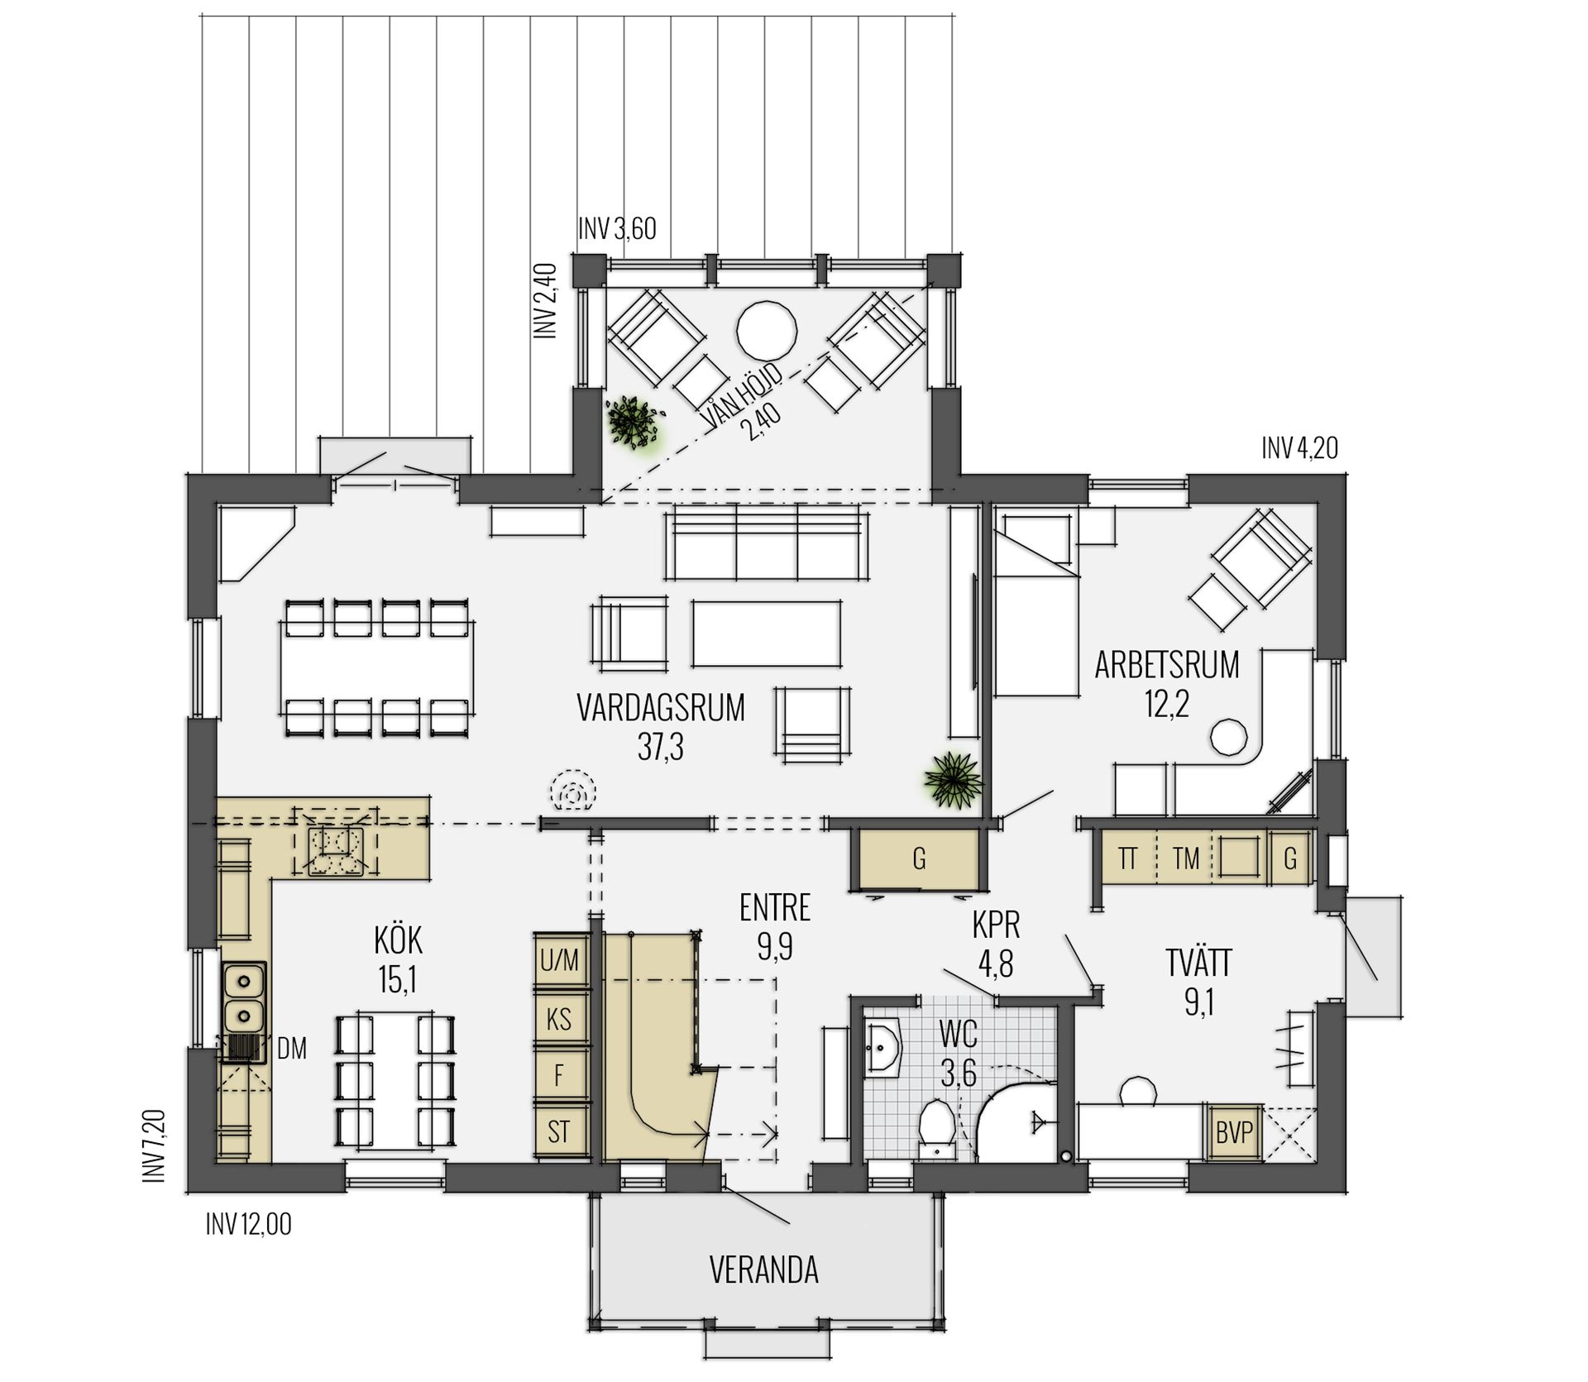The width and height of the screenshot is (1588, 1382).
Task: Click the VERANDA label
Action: tap(763, 1270)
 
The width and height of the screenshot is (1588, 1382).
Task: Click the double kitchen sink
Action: tap(244, 997)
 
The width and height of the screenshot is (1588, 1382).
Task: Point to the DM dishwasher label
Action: tap(292, 1050)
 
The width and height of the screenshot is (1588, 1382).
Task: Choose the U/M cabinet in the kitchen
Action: tap(560, 960)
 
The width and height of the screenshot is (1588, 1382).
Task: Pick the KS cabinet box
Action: tap(560, 1018)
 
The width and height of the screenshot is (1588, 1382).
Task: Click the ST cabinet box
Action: tap(560, 1131)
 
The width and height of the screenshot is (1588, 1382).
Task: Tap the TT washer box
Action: tap(1127, 858)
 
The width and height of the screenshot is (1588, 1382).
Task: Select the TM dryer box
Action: tap(1185, 858)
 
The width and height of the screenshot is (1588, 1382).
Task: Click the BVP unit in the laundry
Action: tap(1234, 1132)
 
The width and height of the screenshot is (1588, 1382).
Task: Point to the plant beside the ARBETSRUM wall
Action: tap(954, 778)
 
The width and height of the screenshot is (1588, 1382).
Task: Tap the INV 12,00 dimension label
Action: tap(248, 1224)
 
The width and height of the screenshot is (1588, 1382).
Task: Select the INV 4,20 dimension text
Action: tap(1299, 448)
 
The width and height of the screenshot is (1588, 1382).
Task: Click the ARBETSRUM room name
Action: tap(1167, 665)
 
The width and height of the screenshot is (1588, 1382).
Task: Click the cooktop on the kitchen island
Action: tap(336, 851)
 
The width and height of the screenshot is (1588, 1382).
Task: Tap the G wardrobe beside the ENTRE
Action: tap(919, 859)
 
